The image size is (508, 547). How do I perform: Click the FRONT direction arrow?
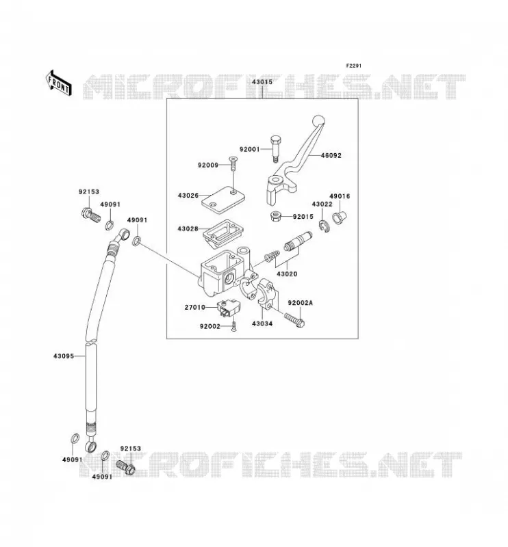pos(59,83)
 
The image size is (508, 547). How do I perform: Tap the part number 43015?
pos(262,82)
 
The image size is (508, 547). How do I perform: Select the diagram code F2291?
pos(353,66)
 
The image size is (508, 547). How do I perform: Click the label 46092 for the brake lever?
pos(331,156)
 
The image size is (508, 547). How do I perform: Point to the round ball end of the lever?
pos(318,121)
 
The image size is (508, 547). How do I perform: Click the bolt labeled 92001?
pos(275,148)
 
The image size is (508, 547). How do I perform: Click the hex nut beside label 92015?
pos(277,216)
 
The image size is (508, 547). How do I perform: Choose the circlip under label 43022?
pos(324,226)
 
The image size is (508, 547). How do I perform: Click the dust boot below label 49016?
pos(339,217)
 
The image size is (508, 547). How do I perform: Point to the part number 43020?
pos(287,274)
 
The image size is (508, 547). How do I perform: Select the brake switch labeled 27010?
pos(228,309)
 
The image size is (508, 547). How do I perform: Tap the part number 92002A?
pos(300,303)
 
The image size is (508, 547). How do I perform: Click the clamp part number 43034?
pos(262,323)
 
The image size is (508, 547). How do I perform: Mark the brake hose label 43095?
pos(64,356)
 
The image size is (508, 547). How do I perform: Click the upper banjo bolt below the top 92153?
pos(90,217)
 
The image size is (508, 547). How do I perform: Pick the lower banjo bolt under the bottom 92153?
pos(125,467)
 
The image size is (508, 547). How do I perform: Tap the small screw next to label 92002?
pos(233,326)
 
